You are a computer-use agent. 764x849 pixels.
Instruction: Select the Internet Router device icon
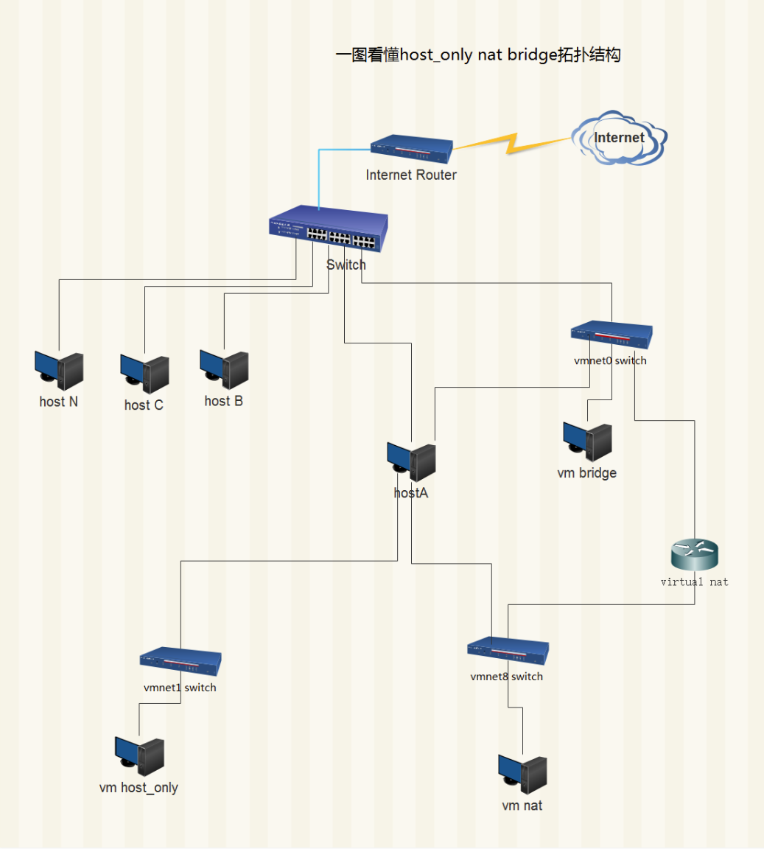411,149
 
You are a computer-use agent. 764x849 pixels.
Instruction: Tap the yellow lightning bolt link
511,143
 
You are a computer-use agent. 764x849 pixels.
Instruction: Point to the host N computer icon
59,371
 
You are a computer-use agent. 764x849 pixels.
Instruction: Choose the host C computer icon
144,374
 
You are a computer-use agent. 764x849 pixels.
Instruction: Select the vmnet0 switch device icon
611,335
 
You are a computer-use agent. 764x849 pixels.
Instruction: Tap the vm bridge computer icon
587,441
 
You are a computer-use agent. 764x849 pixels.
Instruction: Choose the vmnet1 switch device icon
181,661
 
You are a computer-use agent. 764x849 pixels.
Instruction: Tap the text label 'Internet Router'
411,175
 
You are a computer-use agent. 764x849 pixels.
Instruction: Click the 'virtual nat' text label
694,582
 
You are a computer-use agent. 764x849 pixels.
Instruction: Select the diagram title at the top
478,55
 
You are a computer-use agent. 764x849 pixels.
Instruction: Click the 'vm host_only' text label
139,788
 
